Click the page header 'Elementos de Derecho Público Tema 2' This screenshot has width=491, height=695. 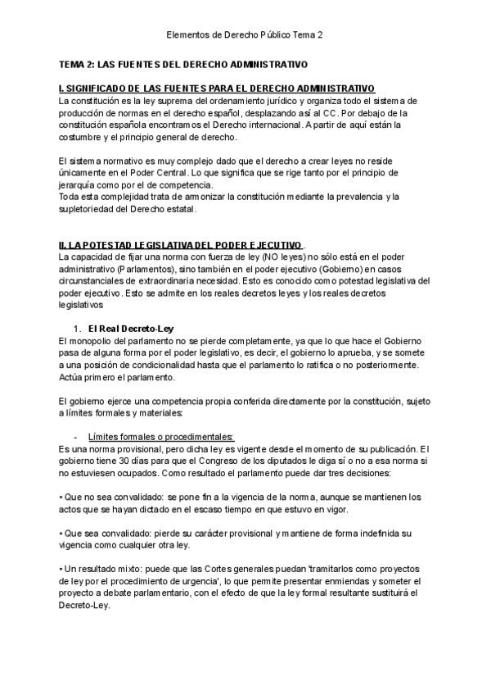click(x=245, y=35)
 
